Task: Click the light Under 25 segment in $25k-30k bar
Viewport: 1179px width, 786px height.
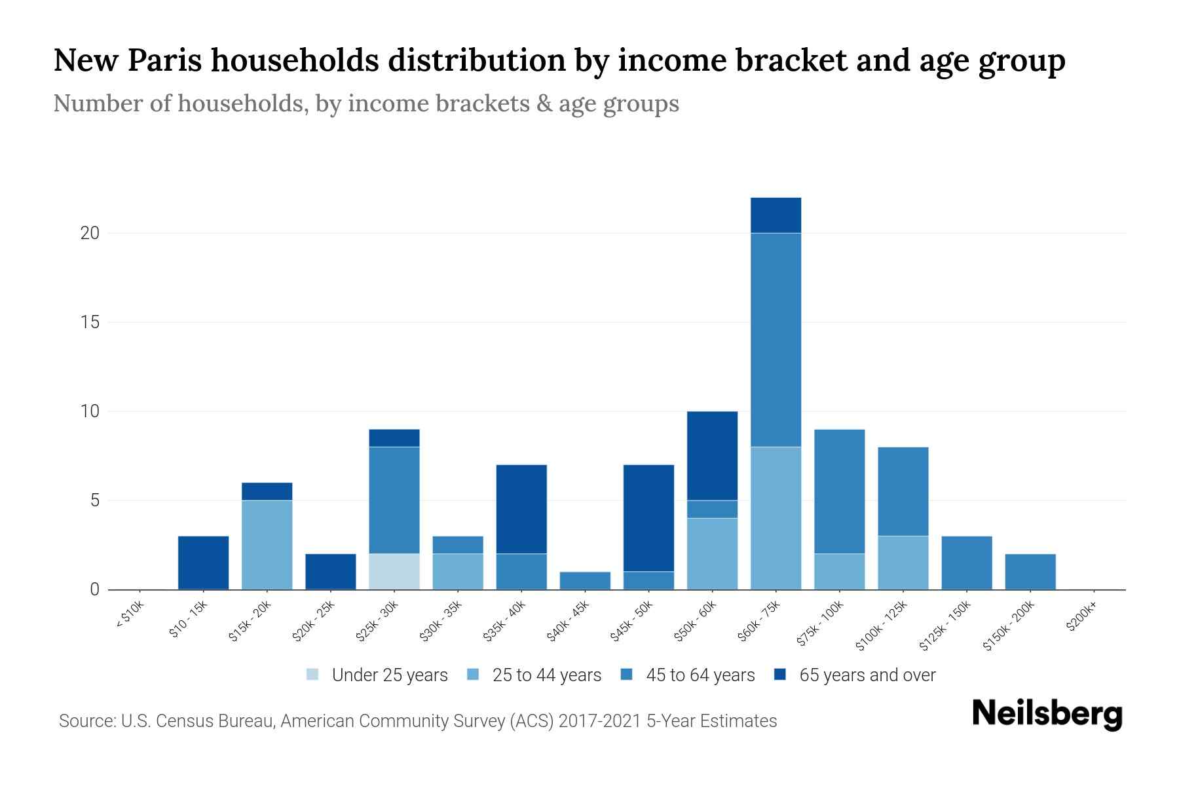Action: click(394, 571)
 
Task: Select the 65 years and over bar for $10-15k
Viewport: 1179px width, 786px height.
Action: click(203, 563)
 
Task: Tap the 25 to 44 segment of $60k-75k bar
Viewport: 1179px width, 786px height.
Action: click(776, 517)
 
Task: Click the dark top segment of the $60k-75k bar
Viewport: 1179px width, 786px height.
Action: click(776, 215)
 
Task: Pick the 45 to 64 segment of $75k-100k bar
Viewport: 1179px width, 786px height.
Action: click(839, 491)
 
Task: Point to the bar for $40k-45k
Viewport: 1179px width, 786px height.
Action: click(585, 580)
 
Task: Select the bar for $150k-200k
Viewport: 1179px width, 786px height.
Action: click(1030, 571)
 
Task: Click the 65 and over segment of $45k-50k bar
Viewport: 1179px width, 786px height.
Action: click(648, 517)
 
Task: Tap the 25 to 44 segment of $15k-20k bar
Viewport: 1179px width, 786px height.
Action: click(267, 544)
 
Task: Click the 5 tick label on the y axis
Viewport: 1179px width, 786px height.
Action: click(94, 500)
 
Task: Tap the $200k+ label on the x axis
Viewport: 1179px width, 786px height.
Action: click(1081, 618)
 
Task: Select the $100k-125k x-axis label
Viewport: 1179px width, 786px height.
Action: click(881, 626)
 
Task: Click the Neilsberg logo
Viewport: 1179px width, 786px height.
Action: click(1047, 714)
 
